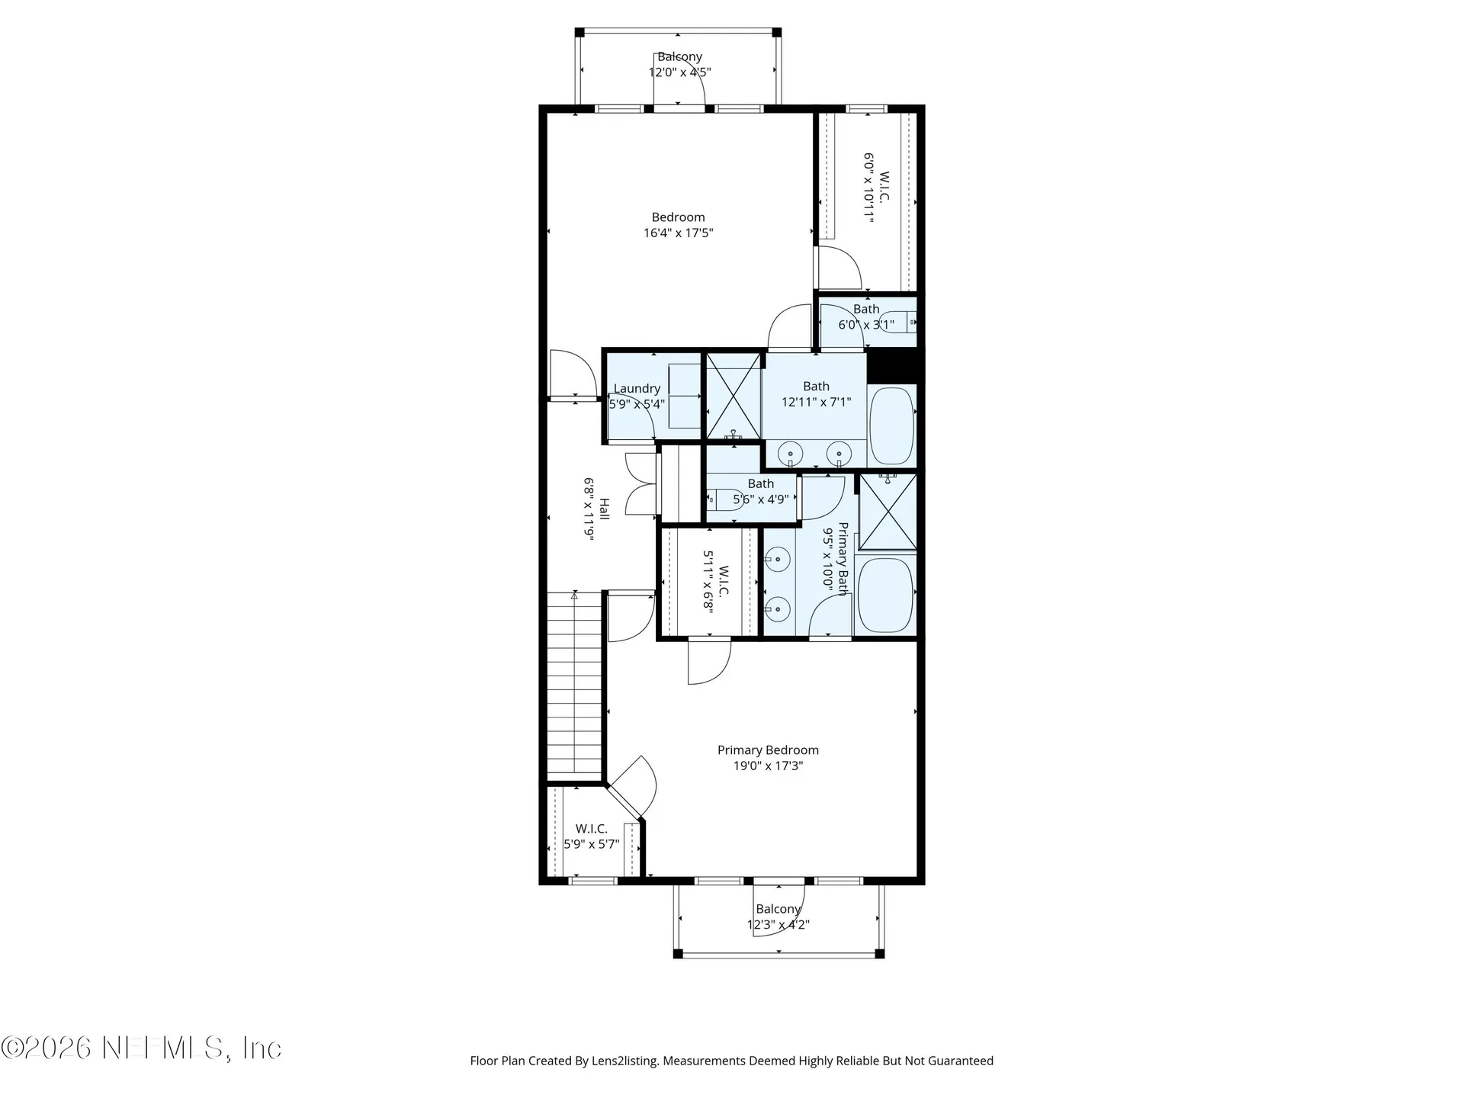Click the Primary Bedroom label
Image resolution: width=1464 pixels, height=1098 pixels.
pos(768,750)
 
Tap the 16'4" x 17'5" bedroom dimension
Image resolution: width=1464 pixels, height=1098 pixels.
pos(678,233)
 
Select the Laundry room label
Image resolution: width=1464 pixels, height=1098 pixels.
pos(637,389)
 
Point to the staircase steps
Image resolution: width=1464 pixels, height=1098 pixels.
pos(575,686)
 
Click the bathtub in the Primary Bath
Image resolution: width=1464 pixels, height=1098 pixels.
pos(885,595)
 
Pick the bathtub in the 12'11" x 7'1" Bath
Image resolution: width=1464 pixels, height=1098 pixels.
pos(891,426)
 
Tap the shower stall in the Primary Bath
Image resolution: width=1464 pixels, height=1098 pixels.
pos(888,511)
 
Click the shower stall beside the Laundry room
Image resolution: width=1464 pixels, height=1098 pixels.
pos(734,396)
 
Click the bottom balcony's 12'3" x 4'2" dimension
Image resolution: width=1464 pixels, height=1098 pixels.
pos(778,925)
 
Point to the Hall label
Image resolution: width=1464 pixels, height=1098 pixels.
pos(604,509)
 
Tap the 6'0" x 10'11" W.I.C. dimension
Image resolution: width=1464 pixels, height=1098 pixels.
pos(868,188)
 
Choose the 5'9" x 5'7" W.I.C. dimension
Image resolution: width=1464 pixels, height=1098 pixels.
pos(592,845)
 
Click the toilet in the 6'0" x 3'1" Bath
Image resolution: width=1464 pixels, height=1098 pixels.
pos(898,323)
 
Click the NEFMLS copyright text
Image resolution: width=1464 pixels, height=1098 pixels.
pos(142,1048)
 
